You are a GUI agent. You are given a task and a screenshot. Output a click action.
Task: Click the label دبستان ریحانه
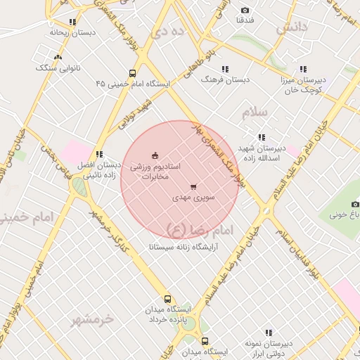[72, 32]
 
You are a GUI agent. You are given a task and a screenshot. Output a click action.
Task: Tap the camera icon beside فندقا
[245, 10]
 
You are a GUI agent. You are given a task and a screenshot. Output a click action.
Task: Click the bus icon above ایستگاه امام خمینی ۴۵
[132, 73]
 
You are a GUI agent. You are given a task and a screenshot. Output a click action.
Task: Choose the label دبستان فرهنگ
[226, 79]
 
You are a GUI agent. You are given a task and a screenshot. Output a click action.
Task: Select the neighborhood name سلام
[255, 112]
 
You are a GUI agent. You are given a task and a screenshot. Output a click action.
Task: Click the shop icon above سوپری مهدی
[193, 186]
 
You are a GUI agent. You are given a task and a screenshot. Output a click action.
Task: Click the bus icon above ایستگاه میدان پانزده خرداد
[167, 299]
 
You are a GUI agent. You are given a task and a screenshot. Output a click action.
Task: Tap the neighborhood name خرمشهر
[92, 320]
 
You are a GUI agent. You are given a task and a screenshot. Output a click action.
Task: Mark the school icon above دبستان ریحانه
[72, 22]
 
